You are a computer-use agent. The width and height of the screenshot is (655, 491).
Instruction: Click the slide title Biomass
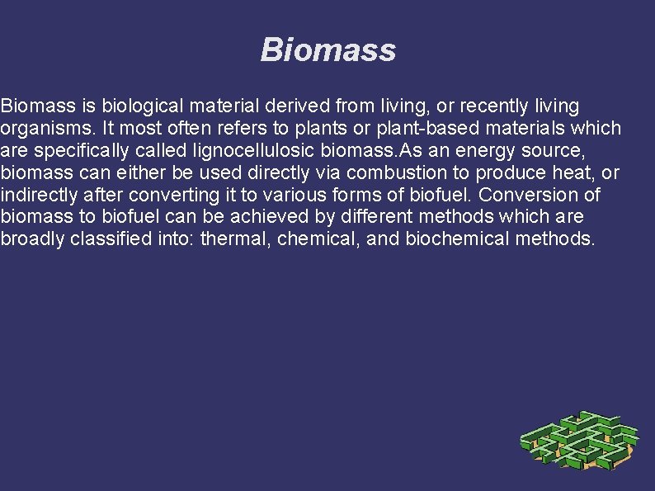(327, 50)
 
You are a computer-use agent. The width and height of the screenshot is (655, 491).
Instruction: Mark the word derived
(303, 106)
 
